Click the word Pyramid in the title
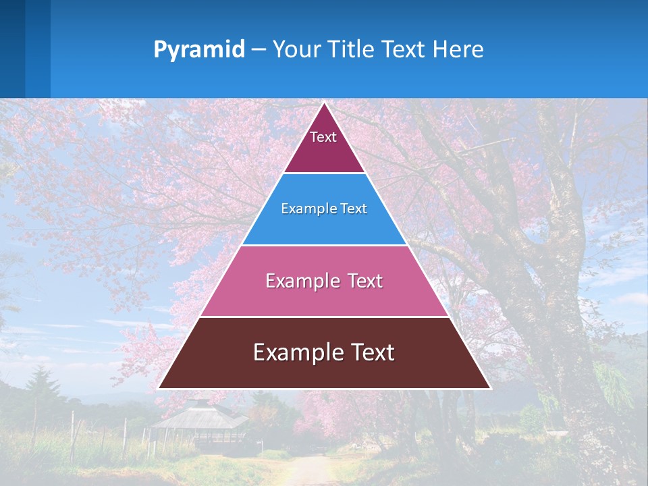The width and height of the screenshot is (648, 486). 199,50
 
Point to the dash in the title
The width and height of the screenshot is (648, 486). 259,50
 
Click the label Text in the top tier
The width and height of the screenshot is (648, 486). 323,137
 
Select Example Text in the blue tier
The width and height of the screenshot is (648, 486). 324,209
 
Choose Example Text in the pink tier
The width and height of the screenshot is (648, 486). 324,281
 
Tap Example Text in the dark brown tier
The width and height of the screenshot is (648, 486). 324,352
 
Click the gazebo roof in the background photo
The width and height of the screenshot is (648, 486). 198,416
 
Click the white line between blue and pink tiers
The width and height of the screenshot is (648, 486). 324,245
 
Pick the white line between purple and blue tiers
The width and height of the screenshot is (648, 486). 324,173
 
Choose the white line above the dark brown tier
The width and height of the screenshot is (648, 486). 324,317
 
